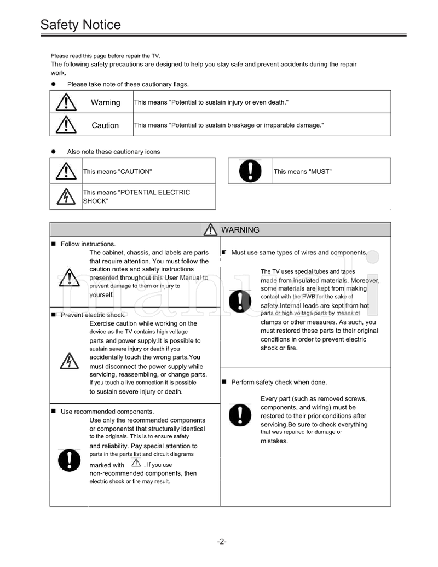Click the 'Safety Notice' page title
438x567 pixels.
tap(80, 25)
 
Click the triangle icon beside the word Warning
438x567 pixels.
tap(66, 102)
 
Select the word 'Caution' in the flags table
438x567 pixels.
tap(105, 125)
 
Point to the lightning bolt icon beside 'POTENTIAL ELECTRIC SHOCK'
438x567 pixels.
tap(66, 196)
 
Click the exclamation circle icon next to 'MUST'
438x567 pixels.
tap(250, 171)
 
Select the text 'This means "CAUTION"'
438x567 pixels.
tap(117, 172)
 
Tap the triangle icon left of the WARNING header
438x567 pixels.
tap(210, 230)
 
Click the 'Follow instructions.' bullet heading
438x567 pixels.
tap(88, 244)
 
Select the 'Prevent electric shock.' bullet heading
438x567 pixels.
tap(93, 315)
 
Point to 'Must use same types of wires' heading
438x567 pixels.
tap(298, 253)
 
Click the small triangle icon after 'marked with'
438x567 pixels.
tap(136, 464)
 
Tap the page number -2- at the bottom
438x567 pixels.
tap(221, 542)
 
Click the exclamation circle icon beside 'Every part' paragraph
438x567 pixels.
tap(239, 414)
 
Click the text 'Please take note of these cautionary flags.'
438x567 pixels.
tap(128, 84)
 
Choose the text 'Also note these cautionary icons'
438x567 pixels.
tap(113, 152)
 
